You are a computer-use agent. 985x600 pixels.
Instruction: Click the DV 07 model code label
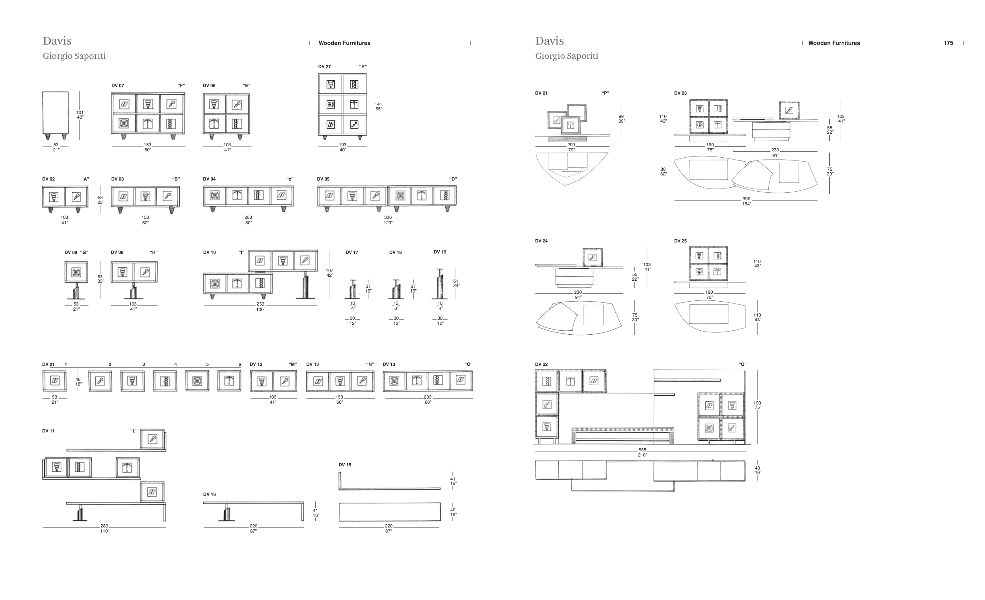click(x=117, y=86)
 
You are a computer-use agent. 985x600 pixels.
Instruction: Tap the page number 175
click(x=948, y=43)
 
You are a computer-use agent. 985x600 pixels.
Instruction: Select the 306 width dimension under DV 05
click(x=388, y=218)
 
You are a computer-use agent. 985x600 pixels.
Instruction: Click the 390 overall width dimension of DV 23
click(x=746, y=199)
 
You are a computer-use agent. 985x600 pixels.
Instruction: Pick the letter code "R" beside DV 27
click(x=362, y=67)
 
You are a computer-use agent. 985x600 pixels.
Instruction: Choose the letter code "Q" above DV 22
click(x=742, y=364)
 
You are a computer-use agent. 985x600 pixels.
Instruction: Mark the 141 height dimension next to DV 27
click(x=378, y=104)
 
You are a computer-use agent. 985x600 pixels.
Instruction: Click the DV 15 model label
click(x=345, y=465)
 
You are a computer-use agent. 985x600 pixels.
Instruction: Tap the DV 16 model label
click(x=209, y=494)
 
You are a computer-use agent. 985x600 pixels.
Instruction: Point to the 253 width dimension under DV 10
click(x=260, y=304)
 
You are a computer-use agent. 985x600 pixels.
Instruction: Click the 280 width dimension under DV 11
click(x=104, y=526)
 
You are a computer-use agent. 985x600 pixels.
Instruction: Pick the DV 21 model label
click(x=541, y=93)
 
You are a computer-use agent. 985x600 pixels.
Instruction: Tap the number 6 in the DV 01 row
click(x=240, y=364)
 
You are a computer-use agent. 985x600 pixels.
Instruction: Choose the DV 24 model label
click(x=541, y=241)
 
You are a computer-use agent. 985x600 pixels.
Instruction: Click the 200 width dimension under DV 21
click(x=571, y=145)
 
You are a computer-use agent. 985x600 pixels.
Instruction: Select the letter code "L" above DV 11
click(x=134, y=431)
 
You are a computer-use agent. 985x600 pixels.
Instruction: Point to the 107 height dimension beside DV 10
click(x=329, y=271)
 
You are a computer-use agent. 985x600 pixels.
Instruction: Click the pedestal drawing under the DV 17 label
click(x=353, y=289)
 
